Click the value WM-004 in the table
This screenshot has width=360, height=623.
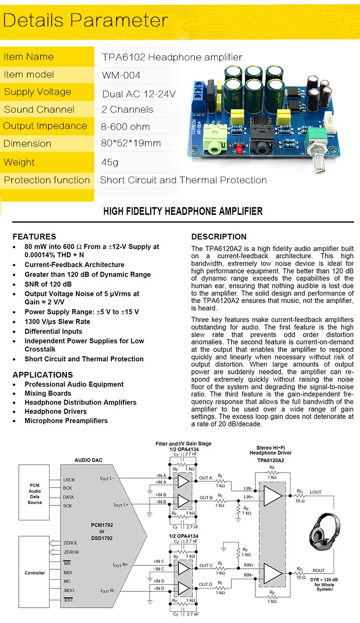[x=121, y=75]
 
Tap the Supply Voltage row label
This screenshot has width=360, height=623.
[x=37, y=92]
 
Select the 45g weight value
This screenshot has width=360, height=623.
[x=109, y=162]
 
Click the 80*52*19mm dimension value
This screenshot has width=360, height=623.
[x=131, y=143]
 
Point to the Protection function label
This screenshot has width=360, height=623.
[x=47, y=180]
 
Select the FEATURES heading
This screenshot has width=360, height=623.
[x=34, y=237]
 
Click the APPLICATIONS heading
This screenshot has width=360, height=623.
[x=43, y=375]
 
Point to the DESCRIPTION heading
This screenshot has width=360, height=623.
[x=219, y=237]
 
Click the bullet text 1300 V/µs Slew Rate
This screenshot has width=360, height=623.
[x=58, y=322]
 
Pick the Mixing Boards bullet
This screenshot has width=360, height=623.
[x=48, y=394]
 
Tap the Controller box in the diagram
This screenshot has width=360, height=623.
[x=35, y=573]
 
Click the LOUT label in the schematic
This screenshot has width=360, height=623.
[x=316, y=492]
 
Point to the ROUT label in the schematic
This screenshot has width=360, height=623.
[x=319, y=571]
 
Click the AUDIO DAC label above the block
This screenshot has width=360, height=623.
[x=88, y=460]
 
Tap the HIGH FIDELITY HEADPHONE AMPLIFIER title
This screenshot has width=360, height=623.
[x=183, y=211]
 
